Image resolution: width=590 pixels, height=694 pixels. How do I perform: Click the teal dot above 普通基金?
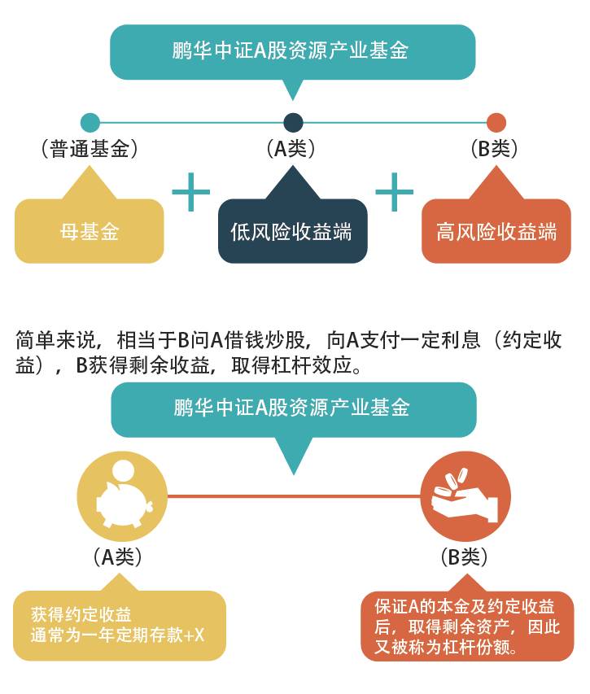click(x=90, y=123)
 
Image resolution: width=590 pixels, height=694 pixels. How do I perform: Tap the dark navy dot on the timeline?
click(x=293, y=123)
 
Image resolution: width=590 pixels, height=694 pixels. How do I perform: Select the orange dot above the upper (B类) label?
click(x=496, y=123)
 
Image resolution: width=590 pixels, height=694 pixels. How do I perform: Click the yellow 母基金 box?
click(x=90, y=231)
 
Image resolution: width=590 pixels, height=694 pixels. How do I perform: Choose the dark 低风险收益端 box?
click(x=293, y=231)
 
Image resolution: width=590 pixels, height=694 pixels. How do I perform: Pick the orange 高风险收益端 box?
click(x=496, y=231)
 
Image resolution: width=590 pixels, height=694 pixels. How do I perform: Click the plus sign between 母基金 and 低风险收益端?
click(x=190, y=192)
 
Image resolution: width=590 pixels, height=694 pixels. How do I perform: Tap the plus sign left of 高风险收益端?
click(x=395, y=192)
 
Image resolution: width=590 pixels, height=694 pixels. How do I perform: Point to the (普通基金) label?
click(x=90, y=149)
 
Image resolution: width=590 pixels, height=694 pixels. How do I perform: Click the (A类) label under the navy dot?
click(x=291, y=149)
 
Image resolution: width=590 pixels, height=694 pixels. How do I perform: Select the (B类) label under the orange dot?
click(x=494, y=149)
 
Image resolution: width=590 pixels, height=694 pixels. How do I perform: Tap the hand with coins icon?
click(x=465, y=496)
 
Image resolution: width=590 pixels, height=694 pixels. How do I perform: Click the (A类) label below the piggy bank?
click(x=118, y=557)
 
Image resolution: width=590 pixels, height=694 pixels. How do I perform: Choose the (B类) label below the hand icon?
click(x=465, y=557)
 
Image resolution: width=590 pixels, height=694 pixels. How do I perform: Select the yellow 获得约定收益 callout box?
click(x=120, y=625)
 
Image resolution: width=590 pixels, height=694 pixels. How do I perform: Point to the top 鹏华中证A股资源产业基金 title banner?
click(x=293, y=52)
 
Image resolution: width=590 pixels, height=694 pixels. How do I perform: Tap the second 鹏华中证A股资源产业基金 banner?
click(x=294, y=410)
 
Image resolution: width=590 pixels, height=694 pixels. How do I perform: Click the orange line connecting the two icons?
click(x=294, y=496)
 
